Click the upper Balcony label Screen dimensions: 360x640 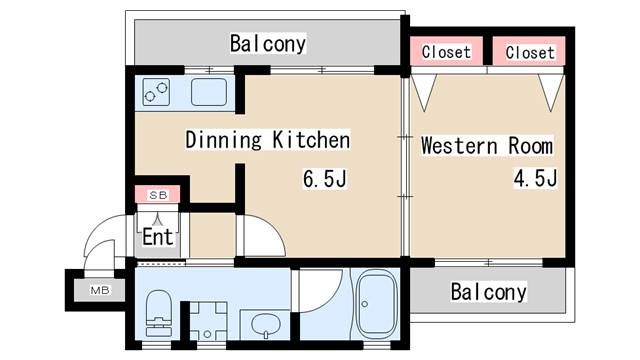[267, 44]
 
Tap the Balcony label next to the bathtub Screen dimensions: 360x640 [487, 292]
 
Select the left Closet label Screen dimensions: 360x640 [445, 52]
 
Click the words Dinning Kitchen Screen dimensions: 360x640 [267, 140]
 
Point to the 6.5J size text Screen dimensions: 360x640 [324, 180]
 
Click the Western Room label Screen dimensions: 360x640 [486, 146]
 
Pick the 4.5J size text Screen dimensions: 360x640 [534, 179]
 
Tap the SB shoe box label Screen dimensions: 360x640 [157, 194]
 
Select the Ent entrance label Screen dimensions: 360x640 [157, 238]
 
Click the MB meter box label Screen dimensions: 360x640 [100, 291]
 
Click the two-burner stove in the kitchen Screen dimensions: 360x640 [156, 93]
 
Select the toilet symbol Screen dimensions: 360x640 [159, 312]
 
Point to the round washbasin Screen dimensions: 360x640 [263, 323]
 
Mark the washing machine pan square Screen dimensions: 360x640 [208, 319]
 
